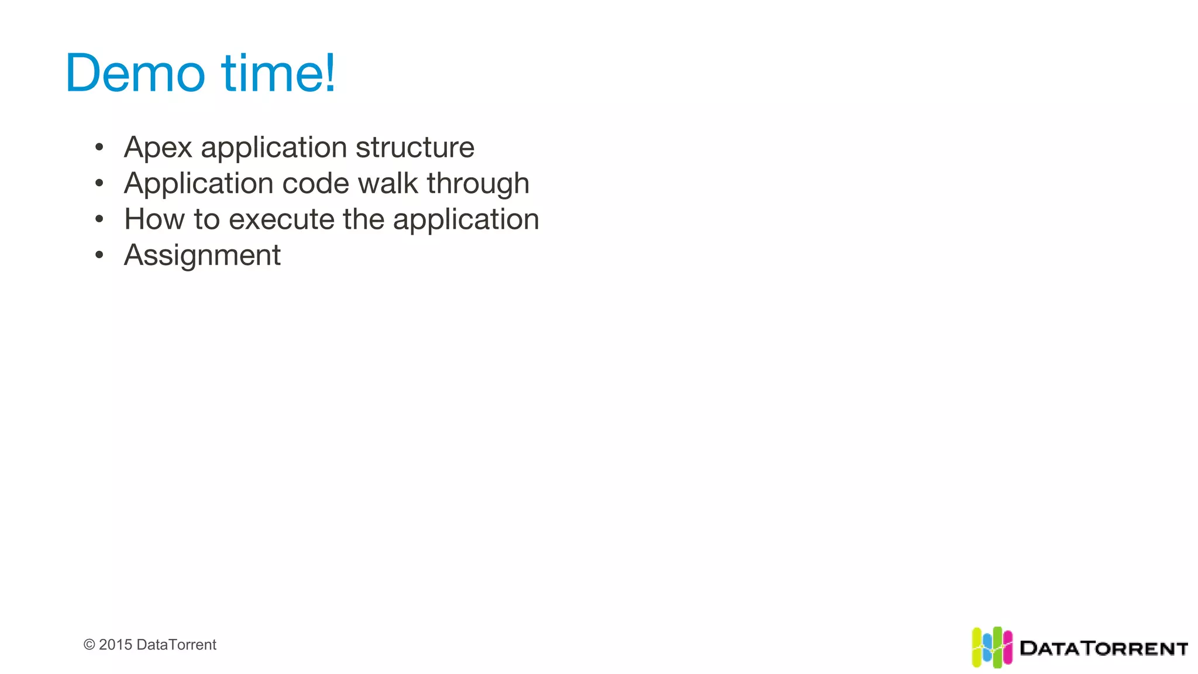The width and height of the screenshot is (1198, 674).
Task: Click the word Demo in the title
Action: pos(135,73)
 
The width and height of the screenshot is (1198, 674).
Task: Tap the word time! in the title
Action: pos(278,73)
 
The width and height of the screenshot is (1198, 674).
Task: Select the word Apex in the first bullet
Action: pos(158,147)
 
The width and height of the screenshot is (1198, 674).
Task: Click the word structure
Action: pos(415,147)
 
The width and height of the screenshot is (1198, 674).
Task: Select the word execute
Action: pos(281,219)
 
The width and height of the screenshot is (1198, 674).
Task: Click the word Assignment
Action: pos(202,256)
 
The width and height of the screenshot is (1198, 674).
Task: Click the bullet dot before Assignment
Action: pos(99,255)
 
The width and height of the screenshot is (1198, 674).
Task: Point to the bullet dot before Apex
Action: pos(99,147)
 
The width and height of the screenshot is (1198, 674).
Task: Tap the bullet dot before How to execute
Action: pos(99,219)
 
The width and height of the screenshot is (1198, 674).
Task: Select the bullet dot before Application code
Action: pos(99,183)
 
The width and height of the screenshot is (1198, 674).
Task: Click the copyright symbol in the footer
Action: pos(89,645)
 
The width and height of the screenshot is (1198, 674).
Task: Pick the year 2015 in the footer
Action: pos(115,645)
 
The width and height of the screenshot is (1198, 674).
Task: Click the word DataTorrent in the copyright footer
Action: pos(176,645)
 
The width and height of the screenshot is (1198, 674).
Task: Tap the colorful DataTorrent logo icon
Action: pos(992,647)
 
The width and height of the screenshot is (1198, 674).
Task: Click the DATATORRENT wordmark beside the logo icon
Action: pos(1103,648)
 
